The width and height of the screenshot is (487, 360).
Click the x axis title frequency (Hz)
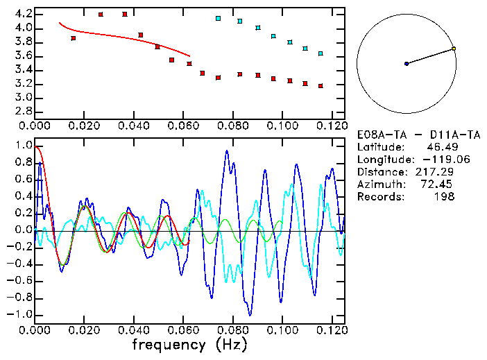[188, 344]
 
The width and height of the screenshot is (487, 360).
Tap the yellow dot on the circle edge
[454, 49]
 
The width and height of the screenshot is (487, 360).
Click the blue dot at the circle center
[407, 64]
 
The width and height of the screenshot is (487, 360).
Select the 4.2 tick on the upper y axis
[23, 14]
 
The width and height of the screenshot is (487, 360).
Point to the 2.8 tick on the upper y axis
[23, 112]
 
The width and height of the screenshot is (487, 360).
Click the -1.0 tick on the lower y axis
[21, 314]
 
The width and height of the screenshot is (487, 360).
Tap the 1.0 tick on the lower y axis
[23, 146]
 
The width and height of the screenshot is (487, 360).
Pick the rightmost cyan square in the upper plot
[321, 53]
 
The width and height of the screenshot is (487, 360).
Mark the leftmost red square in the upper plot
[74, 38]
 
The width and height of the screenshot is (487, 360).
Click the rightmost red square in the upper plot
[321, 86]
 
